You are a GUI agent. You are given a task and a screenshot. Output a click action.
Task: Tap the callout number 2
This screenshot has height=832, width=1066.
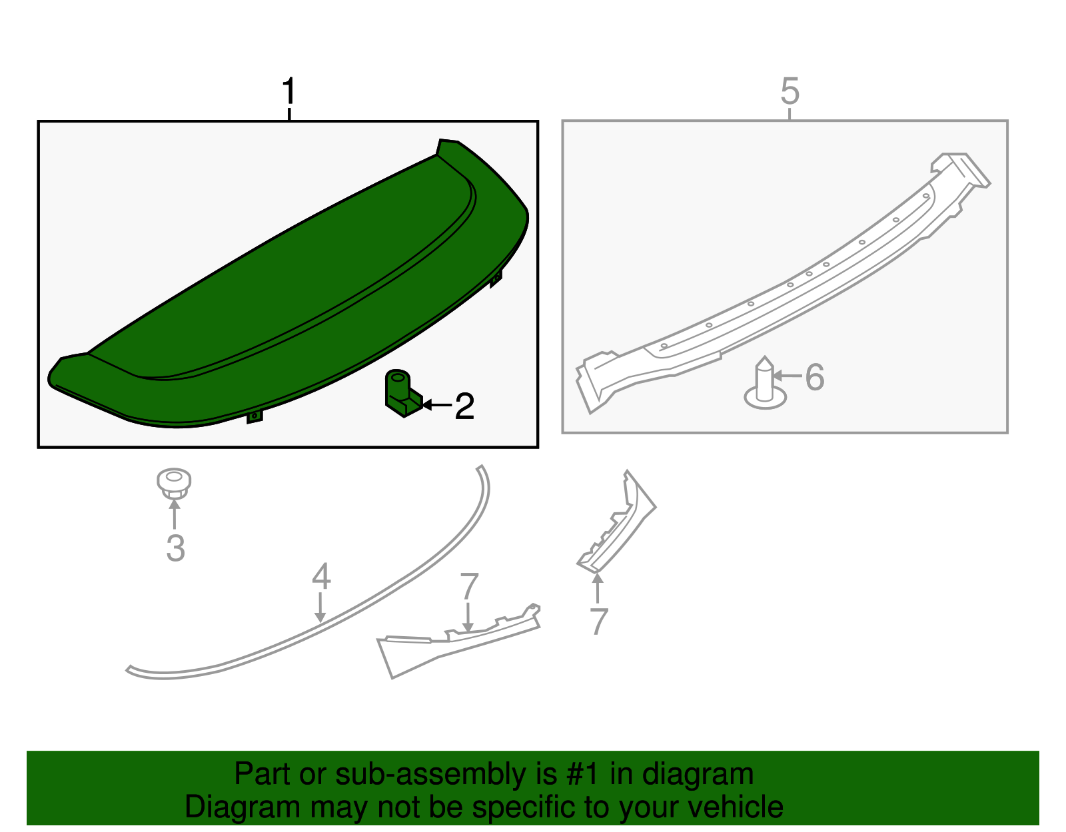(464, 406)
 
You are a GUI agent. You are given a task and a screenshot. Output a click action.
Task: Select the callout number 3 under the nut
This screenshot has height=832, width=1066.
(176, 548)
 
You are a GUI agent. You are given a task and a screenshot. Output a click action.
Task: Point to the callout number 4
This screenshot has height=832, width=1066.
(321, 576)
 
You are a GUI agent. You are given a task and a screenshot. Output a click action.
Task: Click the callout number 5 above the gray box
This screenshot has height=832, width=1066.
(790, 91)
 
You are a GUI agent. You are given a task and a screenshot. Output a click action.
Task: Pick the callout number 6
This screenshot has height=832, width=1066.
(815, 377)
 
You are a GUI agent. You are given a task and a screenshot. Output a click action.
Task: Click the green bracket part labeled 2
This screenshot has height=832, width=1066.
(403, 393)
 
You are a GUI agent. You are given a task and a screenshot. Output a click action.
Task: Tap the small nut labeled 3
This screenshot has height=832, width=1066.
(174, 484)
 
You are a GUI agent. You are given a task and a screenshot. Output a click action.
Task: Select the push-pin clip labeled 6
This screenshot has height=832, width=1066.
(766, 383)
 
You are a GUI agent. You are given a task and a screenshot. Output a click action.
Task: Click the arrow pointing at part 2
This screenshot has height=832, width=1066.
(436, 405)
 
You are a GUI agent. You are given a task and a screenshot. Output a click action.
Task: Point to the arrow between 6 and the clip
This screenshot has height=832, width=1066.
(787, 376)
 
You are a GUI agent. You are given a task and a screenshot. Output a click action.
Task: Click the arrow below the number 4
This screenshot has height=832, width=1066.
(320, 608)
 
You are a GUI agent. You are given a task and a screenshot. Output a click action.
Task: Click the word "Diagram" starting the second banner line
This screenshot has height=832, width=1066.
(243, 807)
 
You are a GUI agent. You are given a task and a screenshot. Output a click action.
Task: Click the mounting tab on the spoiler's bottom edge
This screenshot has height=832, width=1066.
(254, 417)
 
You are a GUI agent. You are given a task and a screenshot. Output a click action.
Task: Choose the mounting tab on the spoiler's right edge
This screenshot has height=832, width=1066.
(496, 279)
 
